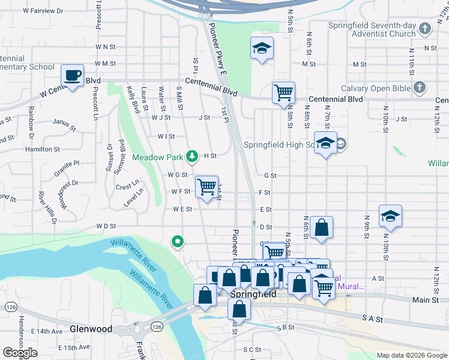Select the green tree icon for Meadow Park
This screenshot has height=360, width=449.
click(192, 157)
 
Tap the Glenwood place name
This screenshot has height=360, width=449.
click(91, 329)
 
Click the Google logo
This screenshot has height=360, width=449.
click(20, 353)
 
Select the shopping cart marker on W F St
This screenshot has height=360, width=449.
click(206, 187)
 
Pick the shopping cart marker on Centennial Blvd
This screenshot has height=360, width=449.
click(283, 93)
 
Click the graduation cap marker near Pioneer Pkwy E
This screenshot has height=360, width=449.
click(262, 49)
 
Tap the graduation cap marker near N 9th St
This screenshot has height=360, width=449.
click(390, 217)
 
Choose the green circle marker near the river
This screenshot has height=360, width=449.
click(178, 242)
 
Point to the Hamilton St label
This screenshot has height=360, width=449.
click(43, 149)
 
